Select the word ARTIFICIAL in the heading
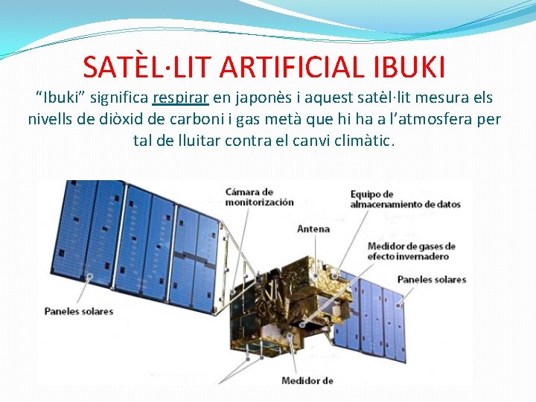point(294,67)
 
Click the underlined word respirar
point(180,98)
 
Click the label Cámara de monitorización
point(259,197)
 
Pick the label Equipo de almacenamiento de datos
point(405,199)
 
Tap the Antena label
point(313,229)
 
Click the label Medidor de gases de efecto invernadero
point(411,251)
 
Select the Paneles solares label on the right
point(431,280)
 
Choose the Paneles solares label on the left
point(78,310)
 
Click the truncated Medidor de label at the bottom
point(307,381)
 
